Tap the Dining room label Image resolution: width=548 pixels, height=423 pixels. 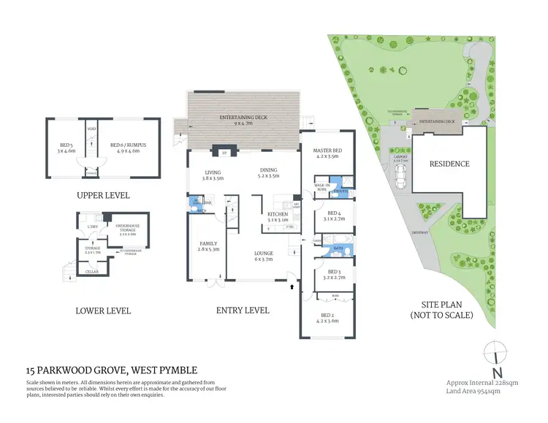(x=268, y=172)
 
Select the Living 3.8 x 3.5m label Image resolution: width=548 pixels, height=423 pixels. (x=213, y=175)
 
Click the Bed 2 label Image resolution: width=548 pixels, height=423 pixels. (x=327, y=317)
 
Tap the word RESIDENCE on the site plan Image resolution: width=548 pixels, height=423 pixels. (x=449, y=164)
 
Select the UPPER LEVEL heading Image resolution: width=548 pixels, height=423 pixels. (x=103, y=196)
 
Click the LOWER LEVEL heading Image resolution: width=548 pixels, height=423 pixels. (x=103, y=310)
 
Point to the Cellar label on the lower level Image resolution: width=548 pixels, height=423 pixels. (x=92, y=271)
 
